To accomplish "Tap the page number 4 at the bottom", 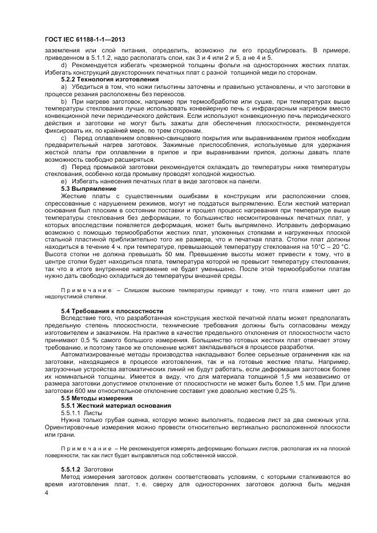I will point(46,491).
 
